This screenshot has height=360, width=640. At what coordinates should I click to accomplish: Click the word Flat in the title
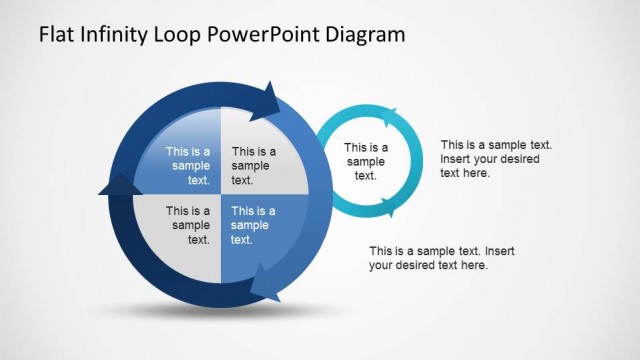56,34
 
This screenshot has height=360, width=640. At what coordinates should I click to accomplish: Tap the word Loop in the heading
182,34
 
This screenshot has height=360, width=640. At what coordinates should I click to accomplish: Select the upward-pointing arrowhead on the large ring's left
117,183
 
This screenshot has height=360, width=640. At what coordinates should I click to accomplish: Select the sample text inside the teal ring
366,161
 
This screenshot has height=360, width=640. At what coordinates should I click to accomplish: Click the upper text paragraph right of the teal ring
496,159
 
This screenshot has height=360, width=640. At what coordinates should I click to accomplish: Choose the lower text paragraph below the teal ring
433,258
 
